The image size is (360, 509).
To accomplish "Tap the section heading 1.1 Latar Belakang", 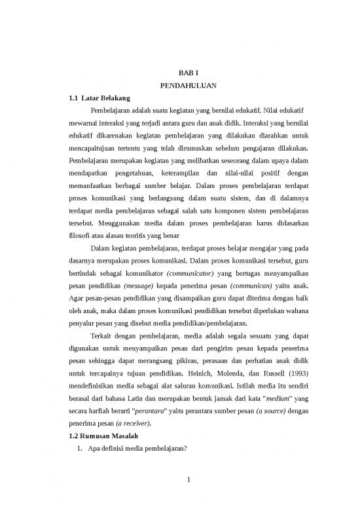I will (x=98, y=98).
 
